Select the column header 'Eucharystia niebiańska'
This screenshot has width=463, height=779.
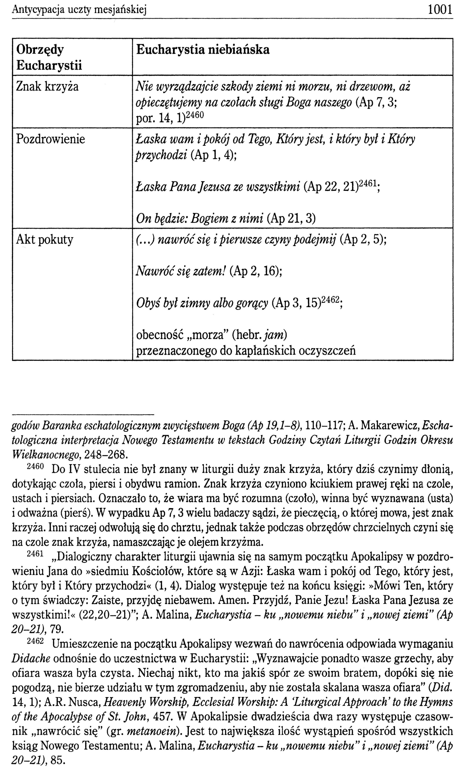click(x=203, y=50)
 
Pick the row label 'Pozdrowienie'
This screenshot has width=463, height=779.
click(x=50, y=139)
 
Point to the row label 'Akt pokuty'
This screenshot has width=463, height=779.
click(x=45, y=239)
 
